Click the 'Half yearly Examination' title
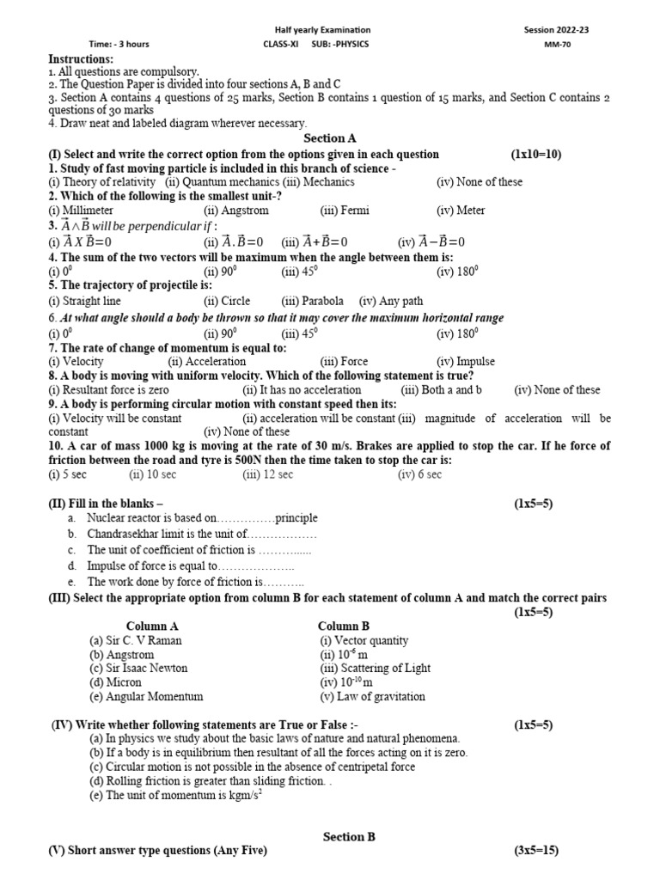pos(329,30)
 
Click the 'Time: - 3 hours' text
pos(119,44)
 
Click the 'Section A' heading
pos(330,138)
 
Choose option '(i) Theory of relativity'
pos(102,182)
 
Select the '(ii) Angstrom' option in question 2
pos(236,211)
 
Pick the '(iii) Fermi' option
pos(342,211)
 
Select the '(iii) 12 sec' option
pos(268,474)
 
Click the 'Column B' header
pos(344,626)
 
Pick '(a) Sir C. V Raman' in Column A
pos(136,640)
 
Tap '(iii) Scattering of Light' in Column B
pos(375,668)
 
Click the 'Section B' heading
pos(349,836)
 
